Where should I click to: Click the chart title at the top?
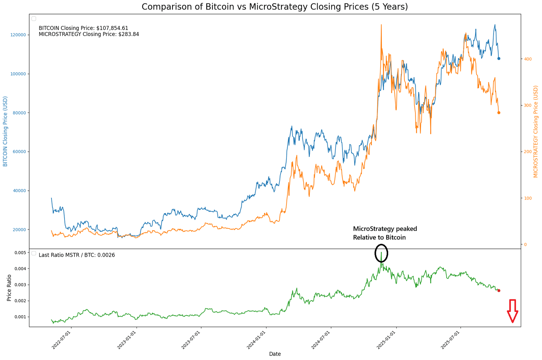click(x=275, y=7)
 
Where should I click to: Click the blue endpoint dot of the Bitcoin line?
click(x=499, y=59)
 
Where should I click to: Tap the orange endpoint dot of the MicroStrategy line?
click(x=499, y=113)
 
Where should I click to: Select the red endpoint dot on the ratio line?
click(x=499, y=291)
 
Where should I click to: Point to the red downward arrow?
click(x=512, y=311)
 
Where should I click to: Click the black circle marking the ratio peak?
click(x=381, y=253)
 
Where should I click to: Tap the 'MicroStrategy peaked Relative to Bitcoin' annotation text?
click(x=385, y=233)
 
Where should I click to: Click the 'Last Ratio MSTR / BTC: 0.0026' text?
click(x=77, y=255)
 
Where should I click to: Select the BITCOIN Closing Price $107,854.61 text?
click(x=83, y=28)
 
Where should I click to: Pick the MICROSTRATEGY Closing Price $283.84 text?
click(x=89, y=34)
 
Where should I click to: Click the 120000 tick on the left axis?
click(x=18, y=35)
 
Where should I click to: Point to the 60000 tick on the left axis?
click(x=19, y=152)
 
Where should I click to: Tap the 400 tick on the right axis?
click(x=528, y=59)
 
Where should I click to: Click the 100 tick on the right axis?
click(x=528, y=198)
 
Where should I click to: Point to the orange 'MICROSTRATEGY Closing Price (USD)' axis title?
click(x=536, y=132)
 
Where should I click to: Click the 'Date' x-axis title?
click(x=275, y=354)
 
